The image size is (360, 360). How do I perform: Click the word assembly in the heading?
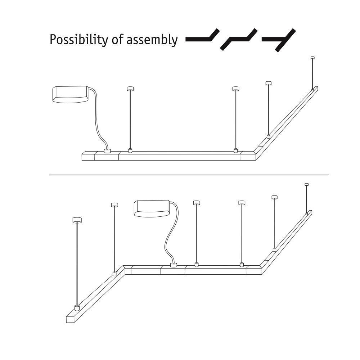152,40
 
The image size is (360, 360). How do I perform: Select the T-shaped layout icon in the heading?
279,40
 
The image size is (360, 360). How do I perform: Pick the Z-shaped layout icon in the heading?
239,39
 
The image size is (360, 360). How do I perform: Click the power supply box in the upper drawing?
70,94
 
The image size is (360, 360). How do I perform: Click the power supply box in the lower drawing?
152,208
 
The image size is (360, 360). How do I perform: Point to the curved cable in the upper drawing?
97,120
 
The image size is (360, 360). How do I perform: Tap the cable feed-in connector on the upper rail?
107,151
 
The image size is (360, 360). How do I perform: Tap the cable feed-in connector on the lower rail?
174,265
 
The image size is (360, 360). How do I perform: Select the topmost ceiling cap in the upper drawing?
312,58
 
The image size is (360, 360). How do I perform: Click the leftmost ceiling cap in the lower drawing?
77,220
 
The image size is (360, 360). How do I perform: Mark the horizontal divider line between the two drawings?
189,175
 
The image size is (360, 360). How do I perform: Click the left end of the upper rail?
82,157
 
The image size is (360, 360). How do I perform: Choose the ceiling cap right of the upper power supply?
130,89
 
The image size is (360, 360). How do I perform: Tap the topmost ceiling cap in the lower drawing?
306,184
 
